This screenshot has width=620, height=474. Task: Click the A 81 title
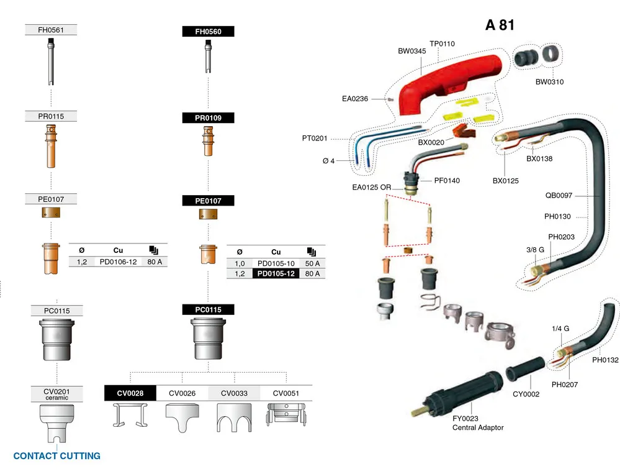coord(500,25)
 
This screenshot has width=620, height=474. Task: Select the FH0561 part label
coord(50,30)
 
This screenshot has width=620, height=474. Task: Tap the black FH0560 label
coord(207,32)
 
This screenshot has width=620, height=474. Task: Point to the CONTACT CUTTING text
coord(56,456)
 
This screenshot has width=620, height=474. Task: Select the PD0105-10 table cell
coord(276,263)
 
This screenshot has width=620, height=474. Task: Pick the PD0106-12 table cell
coord(117,262)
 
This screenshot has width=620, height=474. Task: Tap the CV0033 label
coord(233,393)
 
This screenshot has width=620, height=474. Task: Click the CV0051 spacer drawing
coord(286,417)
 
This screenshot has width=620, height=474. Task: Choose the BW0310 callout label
coord(549,82)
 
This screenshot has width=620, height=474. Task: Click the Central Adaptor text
coord(477,427)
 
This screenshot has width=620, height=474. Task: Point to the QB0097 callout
coord(559,195)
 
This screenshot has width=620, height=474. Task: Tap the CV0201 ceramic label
coord(56,393)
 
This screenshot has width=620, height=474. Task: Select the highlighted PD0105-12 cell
coord(276,273)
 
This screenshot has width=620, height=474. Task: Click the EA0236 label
coord(355,98)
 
